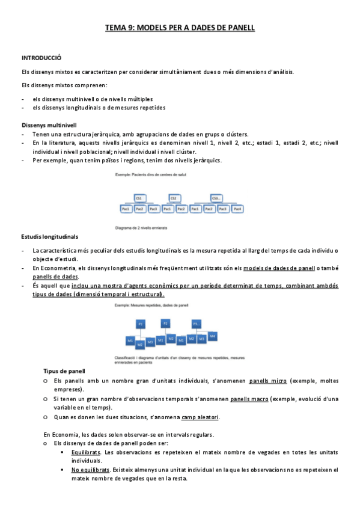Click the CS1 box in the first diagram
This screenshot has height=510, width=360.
pos(139,198)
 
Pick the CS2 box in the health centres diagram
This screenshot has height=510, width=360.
pos(174,198)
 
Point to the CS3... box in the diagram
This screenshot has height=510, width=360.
pos(216,198)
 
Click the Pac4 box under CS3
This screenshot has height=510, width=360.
pos(237,209)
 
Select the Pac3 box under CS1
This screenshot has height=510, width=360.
pos(153,209)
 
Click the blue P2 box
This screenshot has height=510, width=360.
pos(166,324)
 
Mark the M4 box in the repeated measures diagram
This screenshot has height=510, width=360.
pos(213,335)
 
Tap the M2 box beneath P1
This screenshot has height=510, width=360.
pos(140,345)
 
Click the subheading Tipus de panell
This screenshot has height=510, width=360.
pos(64,371)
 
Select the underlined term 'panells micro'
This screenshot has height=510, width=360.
pos(267,381)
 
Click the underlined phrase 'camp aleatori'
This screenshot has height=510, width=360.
pos(200,417)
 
